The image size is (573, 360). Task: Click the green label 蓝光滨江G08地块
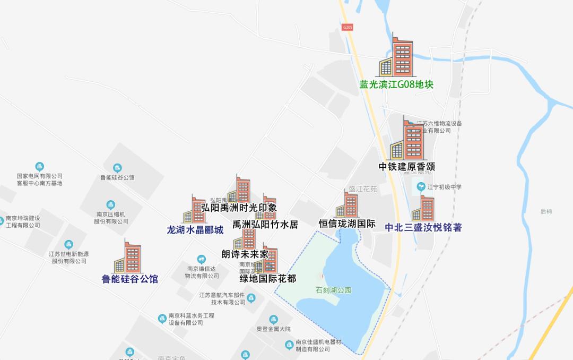[x=396, y=84]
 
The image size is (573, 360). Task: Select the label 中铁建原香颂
[x=407, y=167]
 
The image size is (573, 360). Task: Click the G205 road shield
[x=348, y=27]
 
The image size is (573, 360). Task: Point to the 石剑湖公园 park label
[x=333, y=290]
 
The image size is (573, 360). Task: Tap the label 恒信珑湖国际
[x=347, y=224]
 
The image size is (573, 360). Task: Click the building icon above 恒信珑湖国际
[x=348, y=205]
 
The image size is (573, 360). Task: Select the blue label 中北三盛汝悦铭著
[x=423, y=228]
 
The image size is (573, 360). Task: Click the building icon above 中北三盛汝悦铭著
[x=424, y=208]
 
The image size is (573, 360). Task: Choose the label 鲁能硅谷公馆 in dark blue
[x=130, y=279]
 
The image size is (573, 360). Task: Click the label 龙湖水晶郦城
[x=195, y=230]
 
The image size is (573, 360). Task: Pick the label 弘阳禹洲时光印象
[x=239, y=208]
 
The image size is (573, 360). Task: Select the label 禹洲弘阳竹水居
[x=265, y=225]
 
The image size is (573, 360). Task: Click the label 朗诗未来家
[x=245, y=254]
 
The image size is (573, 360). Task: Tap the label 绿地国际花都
[x=268, y=279]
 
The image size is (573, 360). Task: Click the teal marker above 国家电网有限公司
[x=39, y=167]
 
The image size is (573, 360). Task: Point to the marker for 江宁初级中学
[x=421, y=187]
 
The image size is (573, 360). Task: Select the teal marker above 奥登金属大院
[x=273, y=320]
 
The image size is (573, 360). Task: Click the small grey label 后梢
[x=546, y=211]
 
